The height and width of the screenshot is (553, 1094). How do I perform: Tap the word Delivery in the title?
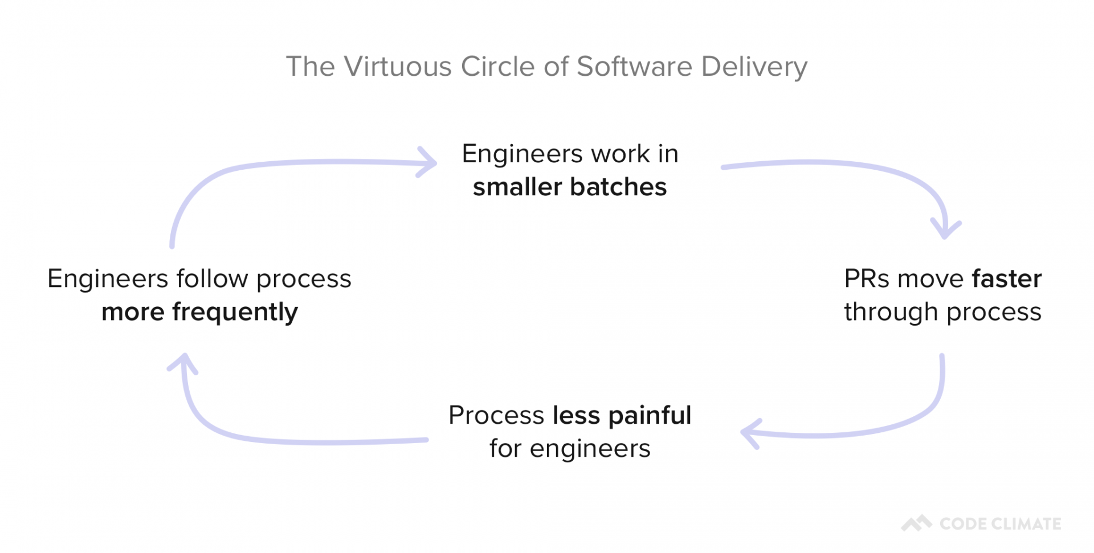coord(754,67)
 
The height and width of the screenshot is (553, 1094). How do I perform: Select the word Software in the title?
coord(634,67)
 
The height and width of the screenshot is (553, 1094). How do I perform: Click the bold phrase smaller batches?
coord(569,187)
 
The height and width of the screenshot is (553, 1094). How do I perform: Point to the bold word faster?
coord(1006,278)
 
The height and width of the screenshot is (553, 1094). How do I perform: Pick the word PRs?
coord(867,278)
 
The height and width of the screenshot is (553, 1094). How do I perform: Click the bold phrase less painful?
coord(622,415)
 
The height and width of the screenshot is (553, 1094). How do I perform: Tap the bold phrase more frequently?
coord(199,312)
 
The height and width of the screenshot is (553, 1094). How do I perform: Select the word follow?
coord(212,278)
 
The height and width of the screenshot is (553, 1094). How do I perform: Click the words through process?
coord(942,312)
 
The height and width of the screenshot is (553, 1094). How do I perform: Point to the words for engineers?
coord(569,449)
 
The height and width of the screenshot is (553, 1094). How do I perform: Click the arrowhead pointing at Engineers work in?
coord(430,163)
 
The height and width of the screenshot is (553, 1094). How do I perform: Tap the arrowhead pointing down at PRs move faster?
coord(945,231)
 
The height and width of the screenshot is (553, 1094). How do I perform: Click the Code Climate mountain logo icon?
coord(916,523)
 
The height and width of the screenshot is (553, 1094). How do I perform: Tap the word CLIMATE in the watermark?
coord(1028,524)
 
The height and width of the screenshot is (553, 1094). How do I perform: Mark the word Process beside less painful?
coord(496,415)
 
